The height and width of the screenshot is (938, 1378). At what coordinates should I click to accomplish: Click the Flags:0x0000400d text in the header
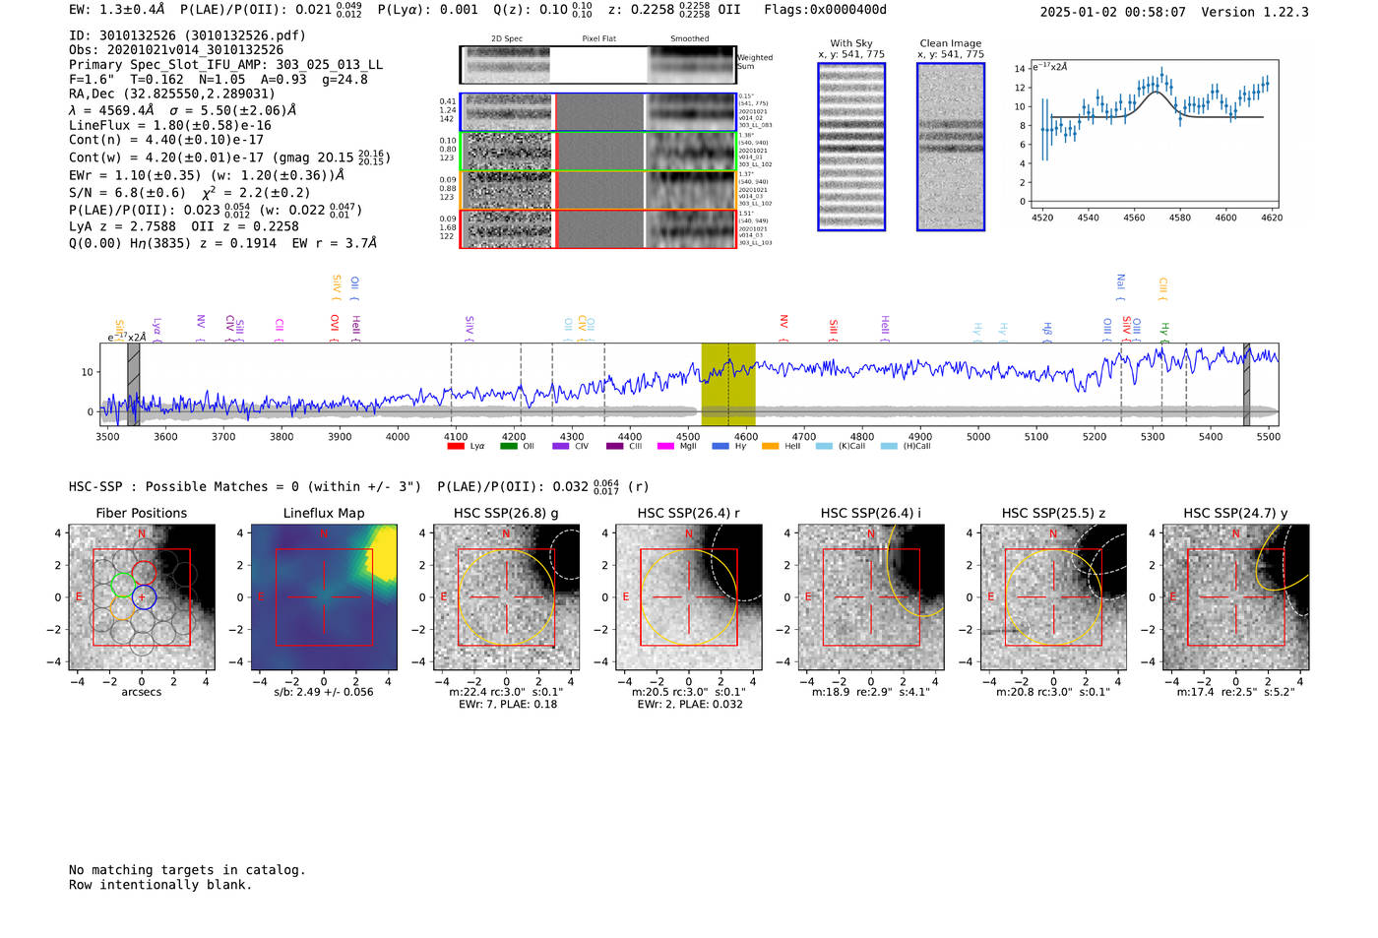(825, 10)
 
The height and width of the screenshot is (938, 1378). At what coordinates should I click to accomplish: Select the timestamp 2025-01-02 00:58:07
(1112, 12)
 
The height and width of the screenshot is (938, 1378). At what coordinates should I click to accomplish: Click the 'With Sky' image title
(851, 43)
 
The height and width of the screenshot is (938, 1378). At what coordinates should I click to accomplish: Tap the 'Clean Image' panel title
(950, 43)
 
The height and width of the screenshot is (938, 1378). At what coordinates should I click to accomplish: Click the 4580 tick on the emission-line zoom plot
(1179, 218)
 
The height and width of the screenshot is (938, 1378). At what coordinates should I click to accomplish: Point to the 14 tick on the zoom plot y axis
(1020, 69)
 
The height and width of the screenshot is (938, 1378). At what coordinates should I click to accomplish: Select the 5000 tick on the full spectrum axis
(977, 436)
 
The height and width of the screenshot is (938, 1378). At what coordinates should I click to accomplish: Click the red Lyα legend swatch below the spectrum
(456, 446)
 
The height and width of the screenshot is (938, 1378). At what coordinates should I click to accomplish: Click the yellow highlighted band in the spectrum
(727, 384)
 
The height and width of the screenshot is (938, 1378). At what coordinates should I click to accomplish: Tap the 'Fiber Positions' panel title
(141, 513)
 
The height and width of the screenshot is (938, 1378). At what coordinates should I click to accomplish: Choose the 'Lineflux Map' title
(324, 513)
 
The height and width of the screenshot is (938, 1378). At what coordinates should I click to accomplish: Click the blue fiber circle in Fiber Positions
(144, 596)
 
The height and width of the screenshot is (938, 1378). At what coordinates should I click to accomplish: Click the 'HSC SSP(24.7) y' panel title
(1235, 513)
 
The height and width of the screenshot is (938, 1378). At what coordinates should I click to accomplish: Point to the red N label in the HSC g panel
(506, 534)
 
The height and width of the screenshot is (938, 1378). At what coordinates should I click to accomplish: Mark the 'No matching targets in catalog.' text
(187, 870)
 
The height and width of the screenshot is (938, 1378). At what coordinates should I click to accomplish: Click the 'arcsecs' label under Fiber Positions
(141, 692)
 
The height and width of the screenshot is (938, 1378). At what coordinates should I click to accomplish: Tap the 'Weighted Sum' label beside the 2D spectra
(754, 62)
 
